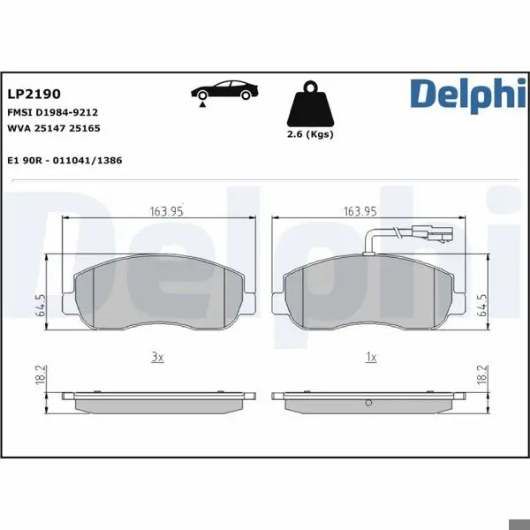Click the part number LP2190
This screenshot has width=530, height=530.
click(34, 94)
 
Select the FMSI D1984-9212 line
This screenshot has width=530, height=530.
click(52, 112)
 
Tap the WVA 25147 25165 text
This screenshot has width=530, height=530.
click(54, 128)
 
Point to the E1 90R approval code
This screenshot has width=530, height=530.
click(64, 160)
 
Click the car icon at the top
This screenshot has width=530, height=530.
click(224, 90)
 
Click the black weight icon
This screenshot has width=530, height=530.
click(310, 104)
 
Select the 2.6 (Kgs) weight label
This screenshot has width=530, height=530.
click(310, 134)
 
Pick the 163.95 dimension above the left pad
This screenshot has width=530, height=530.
click(166, 212)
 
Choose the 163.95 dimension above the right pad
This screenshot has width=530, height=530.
click(360, 212)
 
